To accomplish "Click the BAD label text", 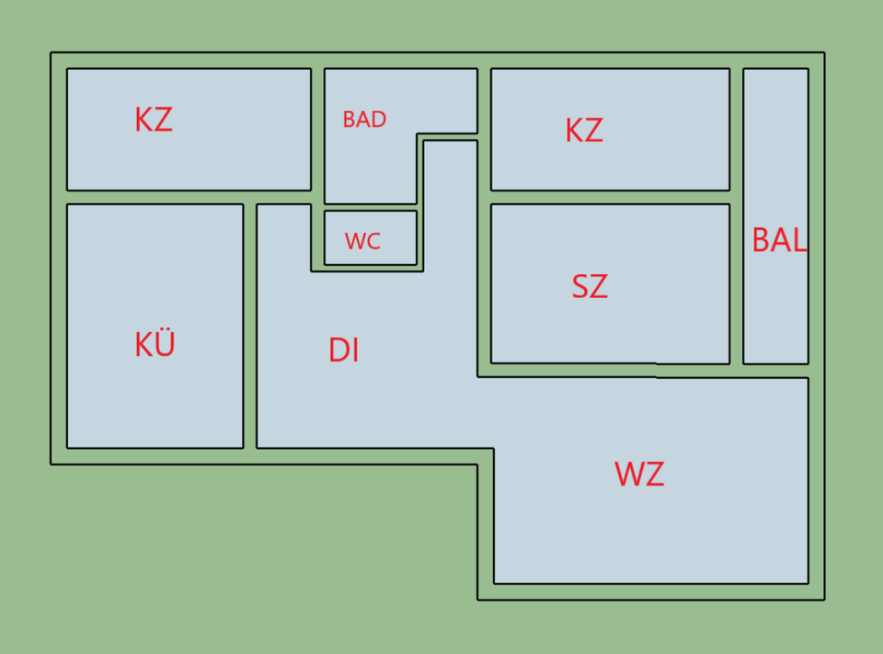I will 364,120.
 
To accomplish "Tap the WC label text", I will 362,242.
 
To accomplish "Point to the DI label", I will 343,350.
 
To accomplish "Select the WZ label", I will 639,475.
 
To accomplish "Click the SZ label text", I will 590,287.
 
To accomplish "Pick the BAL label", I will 779,240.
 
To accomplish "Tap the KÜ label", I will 155,345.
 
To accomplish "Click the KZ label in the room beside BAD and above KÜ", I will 154,120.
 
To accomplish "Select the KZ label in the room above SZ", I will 584,131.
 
